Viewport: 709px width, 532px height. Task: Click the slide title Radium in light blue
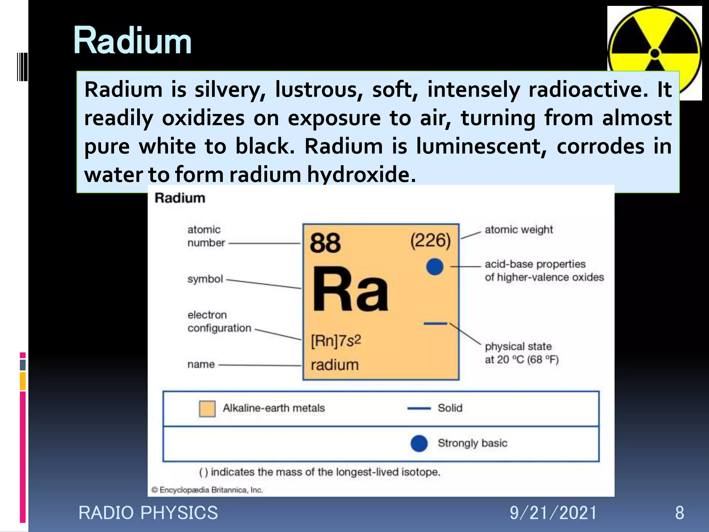[x=132, y=41]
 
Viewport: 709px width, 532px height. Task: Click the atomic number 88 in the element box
[x=325, y=243]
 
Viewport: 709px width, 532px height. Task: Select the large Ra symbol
[x=350, y=290]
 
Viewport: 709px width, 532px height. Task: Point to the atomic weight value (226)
[x=430, y=240]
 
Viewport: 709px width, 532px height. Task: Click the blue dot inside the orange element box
[x=434, y=267]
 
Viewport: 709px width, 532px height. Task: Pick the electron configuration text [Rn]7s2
[x=336, y=341]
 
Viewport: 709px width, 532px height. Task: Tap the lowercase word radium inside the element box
[x=334, y=365]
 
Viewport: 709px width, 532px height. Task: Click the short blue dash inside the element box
[x=435, y=324]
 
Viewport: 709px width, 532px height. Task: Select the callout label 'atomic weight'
[x=519, y=230]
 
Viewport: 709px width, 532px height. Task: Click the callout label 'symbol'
[x=205, y=279]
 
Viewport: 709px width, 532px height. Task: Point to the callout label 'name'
[x=201, y=364]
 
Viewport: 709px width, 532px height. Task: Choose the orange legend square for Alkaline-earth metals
[x=207, y=409]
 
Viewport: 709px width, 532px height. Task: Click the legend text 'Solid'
[x=450, y=408]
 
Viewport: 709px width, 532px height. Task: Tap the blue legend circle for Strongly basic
[x=419, y=443]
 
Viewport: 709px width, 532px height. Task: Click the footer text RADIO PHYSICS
[x=148, y=513]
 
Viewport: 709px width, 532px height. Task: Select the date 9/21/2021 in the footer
[x=553, y=513]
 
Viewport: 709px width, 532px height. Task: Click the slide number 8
[x=679, y=513]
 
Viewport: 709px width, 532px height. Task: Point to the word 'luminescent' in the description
[x=481, y=146]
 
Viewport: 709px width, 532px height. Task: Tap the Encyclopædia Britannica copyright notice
[x=207, y=490]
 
